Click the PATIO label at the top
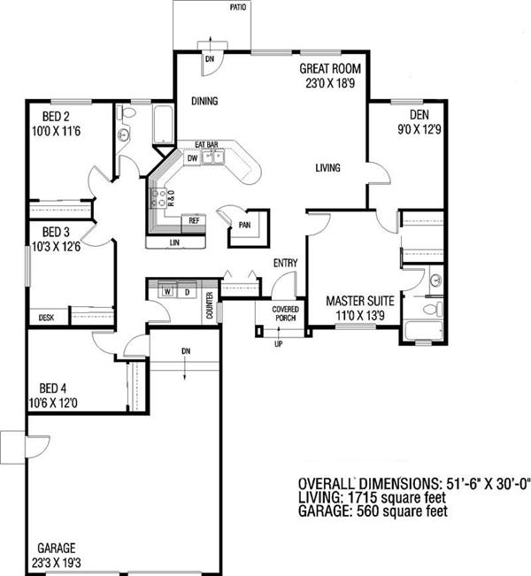coord(237,6)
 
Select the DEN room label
coord(419,115)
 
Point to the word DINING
coord(204,102)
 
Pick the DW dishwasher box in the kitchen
coord(192,158)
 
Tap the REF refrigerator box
coord(194,220)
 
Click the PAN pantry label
coord(242,225)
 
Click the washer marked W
coord(166,290)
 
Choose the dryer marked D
coord(186,290)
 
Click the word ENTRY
coord(284,263)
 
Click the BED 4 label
coord(52,388)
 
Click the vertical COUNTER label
coord(210,303)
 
